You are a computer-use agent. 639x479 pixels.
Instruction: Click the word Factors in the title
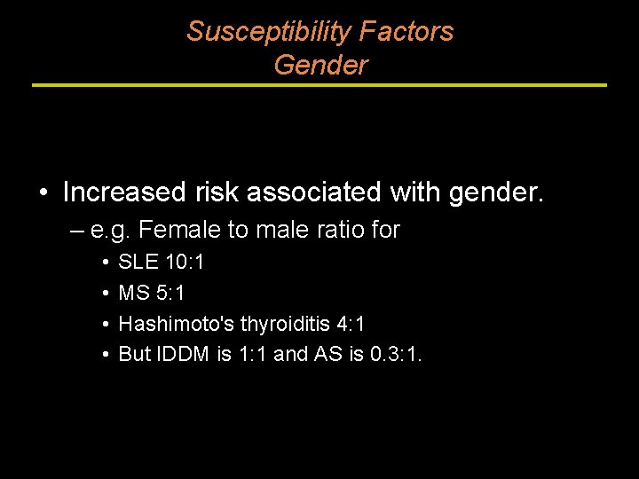click(406, 32)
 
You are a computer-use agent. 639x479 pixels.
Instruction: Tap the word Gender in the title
click(320, 66)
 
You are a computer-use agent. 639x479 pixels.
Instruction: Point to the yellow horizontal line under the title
click(319, 85)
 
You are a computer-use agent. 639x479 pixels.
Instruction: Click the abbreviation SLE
click(138, 263)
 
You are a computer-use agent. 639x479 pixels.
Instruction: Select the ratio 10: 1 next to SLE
click(185, 263)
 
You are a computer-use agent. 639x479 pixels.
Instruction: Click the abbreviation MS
click(133, 293)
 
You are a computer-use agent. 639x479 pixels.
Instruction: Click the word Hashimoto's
click(176, 324)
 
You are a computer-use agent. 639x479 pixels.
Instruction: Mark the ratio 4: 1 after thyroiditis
click(347, 324)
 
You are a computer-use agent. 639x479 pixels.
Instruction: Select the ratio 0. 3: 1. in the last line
click(397, 355)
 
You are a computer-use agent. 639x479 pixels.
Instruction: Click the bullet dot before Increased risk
click(43, 192)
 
